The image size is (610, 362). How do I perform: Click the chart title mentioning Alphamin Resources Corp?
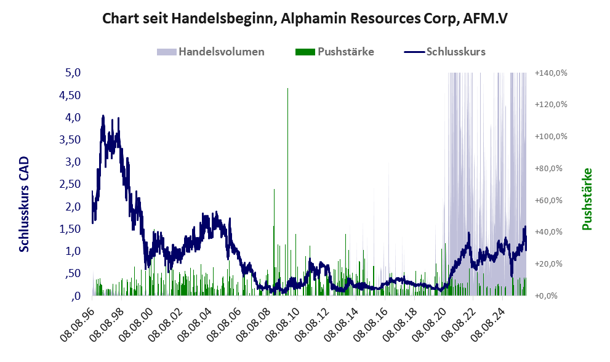(305, 18)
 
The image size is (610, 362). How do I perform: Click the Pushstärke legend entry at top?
(335, 52)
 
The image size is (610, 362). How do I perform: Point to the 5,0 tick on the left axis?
(73, 73)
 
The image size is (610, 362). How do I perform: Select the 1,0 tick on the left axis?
(73, 251)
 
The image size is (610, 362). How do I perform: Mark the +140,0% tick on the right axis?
(551, 73)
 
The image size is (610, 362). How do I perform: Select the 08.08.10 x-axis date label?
(281, 321)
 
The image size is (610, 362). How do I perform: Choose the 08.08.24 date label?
(485, 321)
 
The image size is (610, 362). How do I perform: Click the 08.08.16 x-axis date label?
(369, 321)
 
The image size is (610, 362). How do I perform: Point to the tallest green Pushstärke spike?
(287, 90)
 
